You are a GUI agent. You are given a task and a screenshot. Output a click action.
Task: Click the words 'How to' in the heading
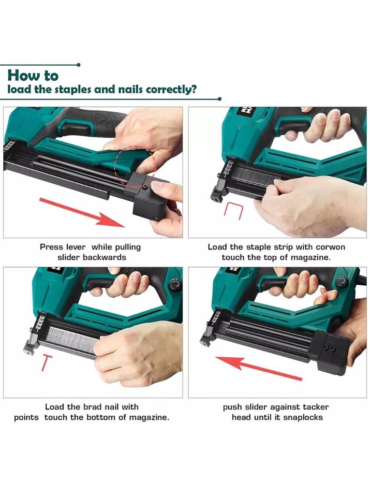click(x=33, y=76)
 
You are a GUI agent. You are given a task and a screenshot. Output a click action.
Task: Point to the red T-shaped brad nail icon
click(x=47, y=363)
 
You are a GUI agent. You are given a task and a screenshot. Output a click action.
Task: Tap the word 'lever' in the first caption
click(x=76, y=247)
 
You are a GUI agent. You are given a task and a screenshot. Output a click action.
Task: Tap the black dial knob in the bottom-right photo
click(x=342, y=282)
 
